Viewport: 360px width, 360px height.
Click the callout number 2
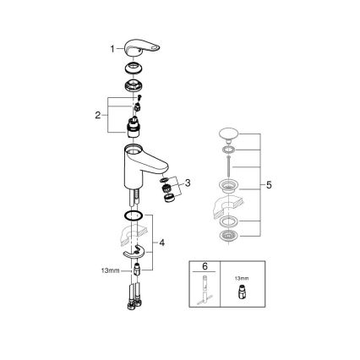point(98,114)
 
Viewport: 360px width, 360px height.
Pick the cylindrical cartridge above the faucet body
point(134,128)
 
